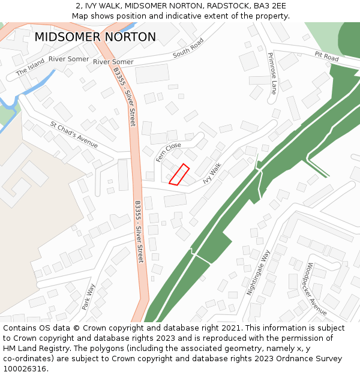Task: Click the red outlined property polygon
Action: (179, 174)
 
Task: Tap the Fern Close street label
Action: (168, 152)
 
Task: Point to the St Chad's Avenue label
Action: (74, 135)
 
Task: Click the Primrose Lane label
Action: (272, 73)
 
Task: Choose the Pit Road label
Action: (326, 56)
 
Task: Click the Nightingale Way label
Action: (259, 272)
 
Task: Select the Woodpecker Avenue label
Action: (316, 289)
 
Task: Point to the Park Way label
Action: (88, 296)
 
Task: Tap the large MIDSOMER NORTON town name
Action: (95, 37)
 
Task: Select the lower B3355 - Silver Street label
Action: (139, 232)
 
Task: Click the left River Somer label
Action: (69, 59)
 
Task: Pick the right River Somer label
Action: (113, 62)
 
